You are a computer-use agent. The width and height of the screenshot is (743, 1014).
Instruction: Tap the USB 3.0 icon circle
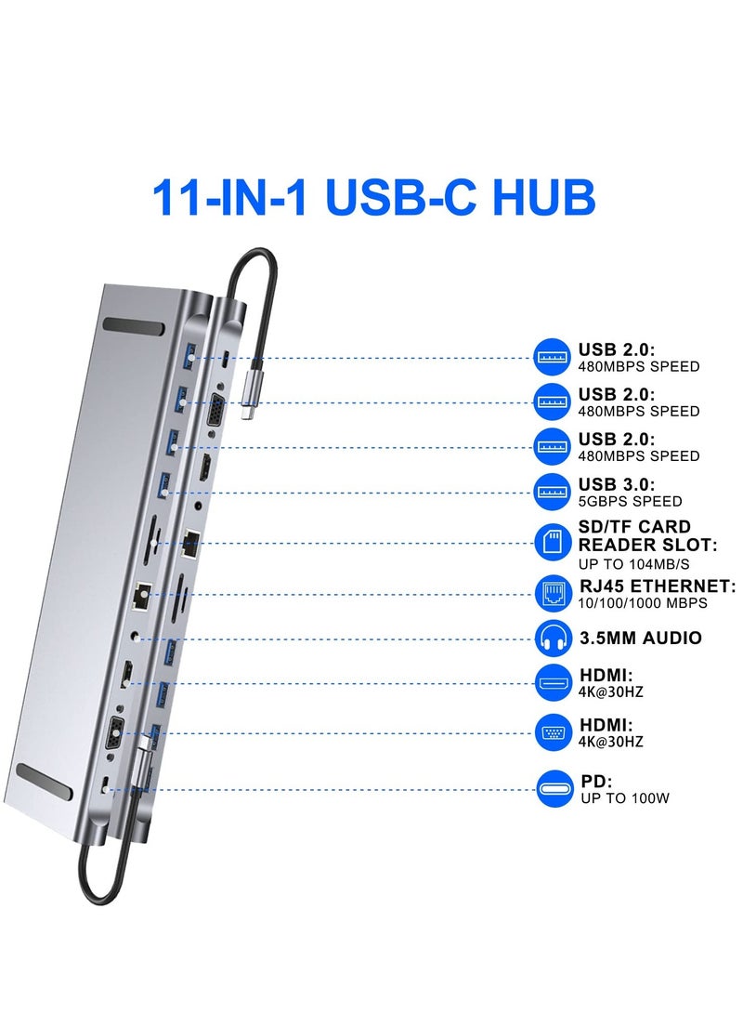tap(554, 492)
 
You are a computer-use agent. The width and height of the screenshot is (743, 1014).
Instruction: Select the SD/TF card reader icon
tap(554, 542)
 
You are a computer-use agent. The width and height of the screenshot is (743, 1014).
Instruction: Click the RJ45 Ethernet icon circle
tap(554, 591)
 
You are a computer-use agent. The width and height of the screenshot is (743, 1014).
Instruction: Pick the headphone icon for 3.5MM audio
tap(554, 638)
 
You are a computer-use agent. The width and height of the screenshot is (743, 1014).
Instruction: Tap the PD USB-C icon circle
tap(554, 789)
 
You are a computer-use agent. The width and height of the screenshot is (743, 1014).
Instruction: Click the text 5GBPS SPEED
tap(630, 502)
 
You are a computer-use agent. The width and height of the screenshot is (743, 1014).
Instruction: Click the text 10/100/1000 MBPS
tap(643, 603)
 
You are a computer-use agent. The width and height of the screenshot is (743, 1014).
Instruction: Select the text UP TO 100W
tap(625, 798)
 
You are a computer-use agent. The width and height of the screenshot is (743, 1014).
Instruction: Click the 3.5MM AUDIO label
tap(640, 639)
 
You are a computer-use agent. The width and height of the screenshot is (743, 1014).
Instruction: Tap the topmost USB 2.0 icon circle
tap(554, 357)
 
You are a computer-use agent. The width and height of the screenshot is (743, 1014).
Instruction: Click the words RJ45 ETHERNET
tap(657, 586)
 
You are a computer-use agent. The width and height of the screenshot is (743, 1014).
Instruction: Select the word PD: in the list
tap(595, 782)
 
